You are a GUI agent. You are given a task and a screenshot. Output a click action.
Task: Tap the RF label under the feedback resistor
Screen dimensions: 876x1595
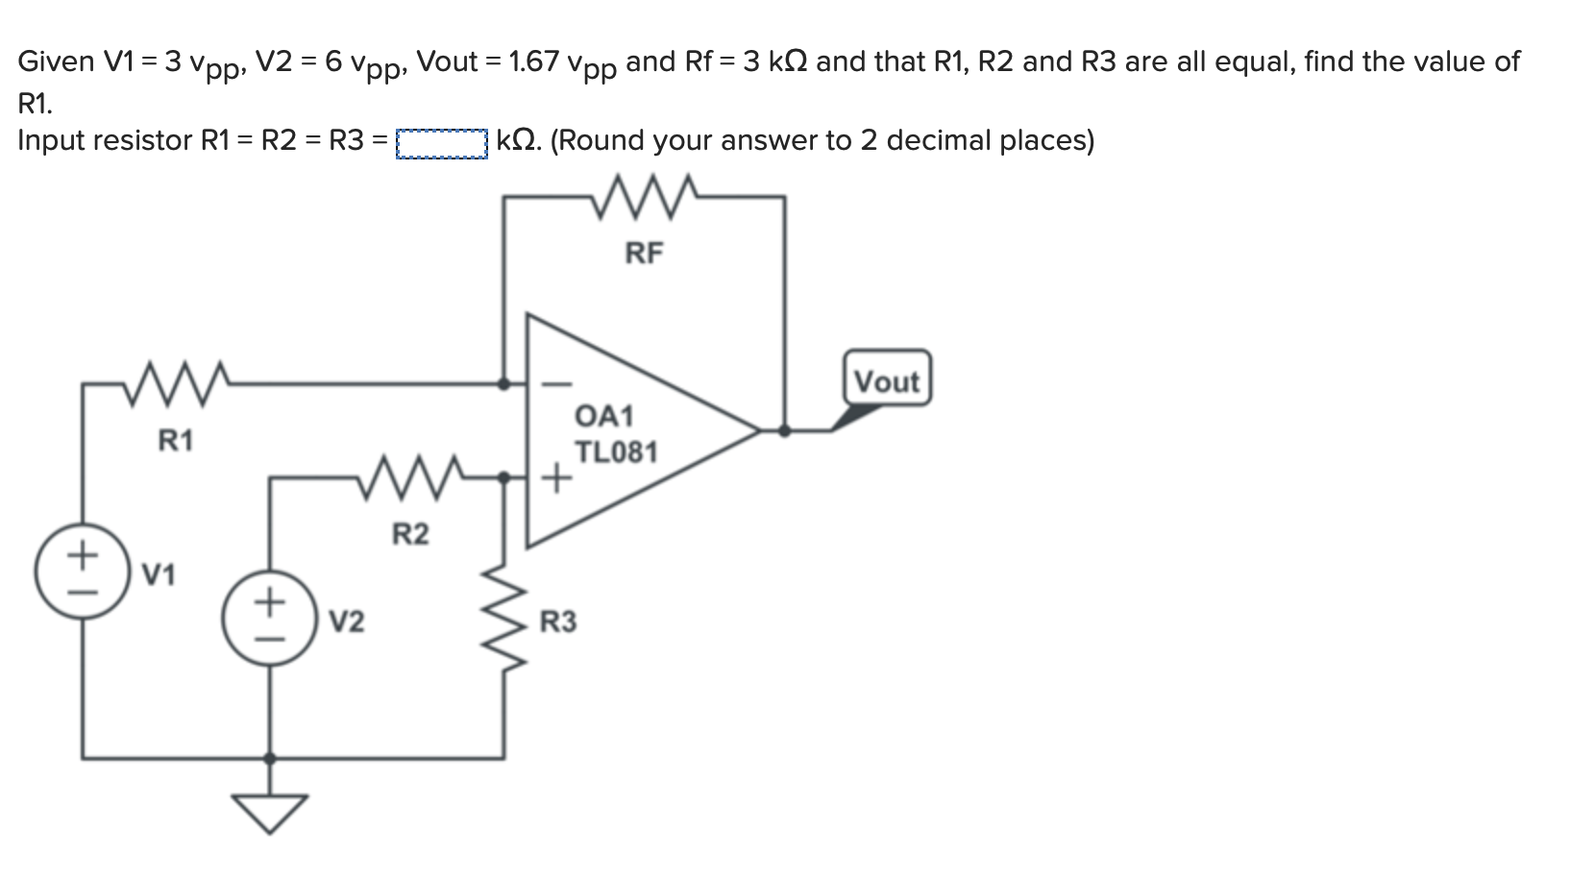pos(644,254)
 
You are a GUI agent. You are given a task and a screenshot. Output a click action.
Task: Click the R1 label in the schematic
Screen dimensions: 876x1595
pos(176,441)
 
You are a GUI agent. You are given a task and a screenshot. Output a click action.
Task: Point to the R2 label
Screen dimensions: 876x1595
pos(410,533)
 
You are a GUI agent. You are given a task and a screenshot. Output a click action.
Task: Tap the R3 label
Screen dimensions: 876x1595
pos(558,622)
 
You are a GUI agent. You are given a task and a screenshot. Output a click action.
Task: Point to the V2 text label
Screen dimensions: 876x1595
pos(347,622)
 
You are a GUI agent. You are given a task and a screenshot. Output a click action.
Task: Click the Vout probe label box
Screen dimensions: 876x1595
pos(887,380)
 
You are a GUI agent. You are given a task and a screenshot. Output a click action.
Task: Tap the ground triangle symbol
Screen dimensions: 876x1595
pos(270,811)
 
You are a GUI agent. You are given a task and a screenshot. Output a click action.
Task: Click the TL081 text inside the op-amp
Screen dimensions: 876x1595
pos(616,452)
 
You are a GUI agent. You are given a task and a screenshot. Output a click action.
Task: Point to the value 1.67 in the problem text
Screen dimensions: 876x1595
pos(533,62)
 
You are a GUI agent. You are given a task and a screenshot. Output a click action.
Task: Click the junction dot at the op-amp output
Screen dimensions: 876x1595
pos(784,430)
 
